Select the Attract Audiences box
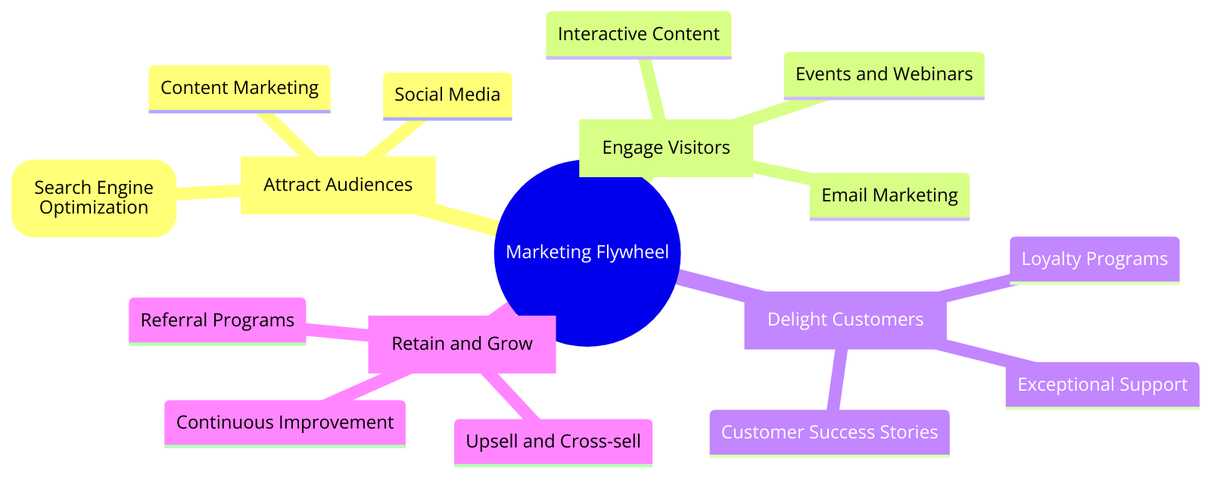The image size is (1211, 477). [338, 185]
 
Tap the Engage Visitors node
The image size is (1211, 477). [665, 148]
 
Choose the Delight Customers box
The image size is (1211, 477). [845, 320]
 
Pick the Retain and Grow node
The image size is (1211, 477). [462, 344]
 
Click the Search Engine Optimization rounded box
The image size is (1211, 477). [94, 198]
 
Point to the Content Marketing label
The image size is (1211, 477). [239, 88]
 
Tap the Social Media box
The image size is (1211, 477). [447, 95]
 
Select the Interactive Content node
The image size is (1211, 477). [638, 34]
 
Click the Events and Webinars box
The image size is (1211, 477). [884, 74]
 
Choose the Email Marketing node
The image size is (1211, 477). [889, 195]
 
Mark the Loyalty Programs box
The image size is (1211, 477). [1094, 259]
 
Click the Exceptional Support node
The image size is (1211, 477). [1102, 385]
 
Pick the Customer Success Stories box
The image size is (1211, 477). [829, 432]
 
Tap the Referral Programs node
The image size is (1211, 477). [217, 320]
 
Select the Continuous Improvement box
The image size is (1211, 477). [285, 422]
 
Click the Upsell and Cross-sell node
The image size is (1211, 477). [553, 441]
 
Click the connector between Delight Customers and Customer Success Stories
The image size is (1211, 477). [836, 379]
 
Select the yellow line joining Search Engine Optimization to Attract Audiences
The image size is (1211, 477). [208, 192]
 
